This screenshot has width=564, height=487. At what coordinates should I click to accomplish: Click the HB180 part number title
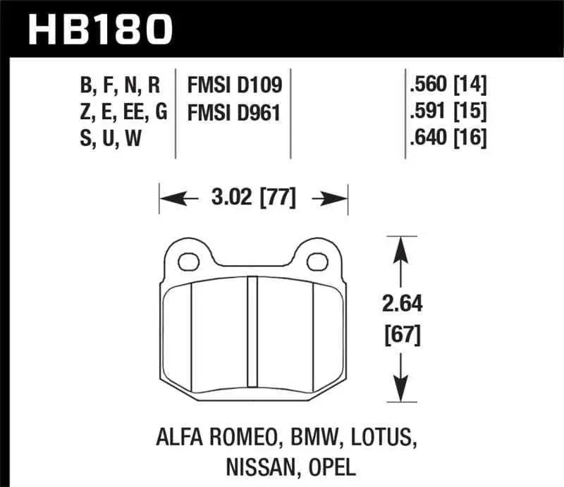point(99,30)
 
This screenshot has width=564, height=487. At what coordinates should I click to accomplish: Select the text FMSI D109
point(234,86)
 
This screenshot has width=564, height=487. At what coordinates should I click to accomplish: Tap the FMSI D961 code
point(234,112)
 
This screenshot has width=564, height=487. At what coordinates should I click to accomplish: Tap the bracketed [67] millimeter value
point(400,335)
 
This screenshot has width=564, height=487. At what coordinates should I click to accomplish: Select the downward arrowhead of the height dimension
point(400,393)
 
